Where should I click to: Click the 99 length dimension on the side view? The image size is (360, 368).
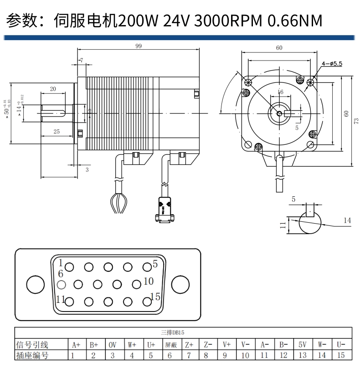tap(138, 46)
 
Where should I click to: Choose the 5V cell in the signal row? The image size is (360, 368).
tap(303, 345)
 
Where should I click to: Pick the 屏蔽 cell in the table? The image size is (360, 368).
tap(170, 345)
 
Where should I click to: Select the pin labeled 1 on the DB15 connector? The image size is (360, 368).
tap(70, 267)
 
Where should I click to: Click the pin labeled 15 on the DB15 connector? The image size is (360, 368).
tap(147, 301)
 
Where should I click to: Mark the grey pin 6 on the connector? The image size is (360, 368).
tap(62, 285)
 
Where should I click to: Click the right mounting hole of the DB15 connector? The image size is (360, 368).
tap(180, 285)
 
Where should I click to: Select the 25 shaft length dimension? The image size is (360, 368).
tap(57, 132)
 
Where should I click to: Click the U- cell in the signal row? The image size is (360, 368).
tap(341, 345)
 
